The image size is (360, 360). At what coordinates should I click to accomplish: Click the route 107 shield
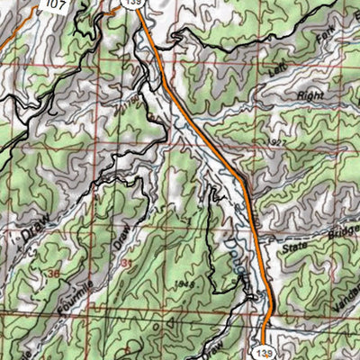point(55,4)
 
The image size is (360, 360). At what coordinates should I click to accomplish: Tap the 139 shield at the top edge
point(134,4)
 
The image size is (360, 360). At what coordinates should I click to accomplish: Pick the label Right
point(310,94)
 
